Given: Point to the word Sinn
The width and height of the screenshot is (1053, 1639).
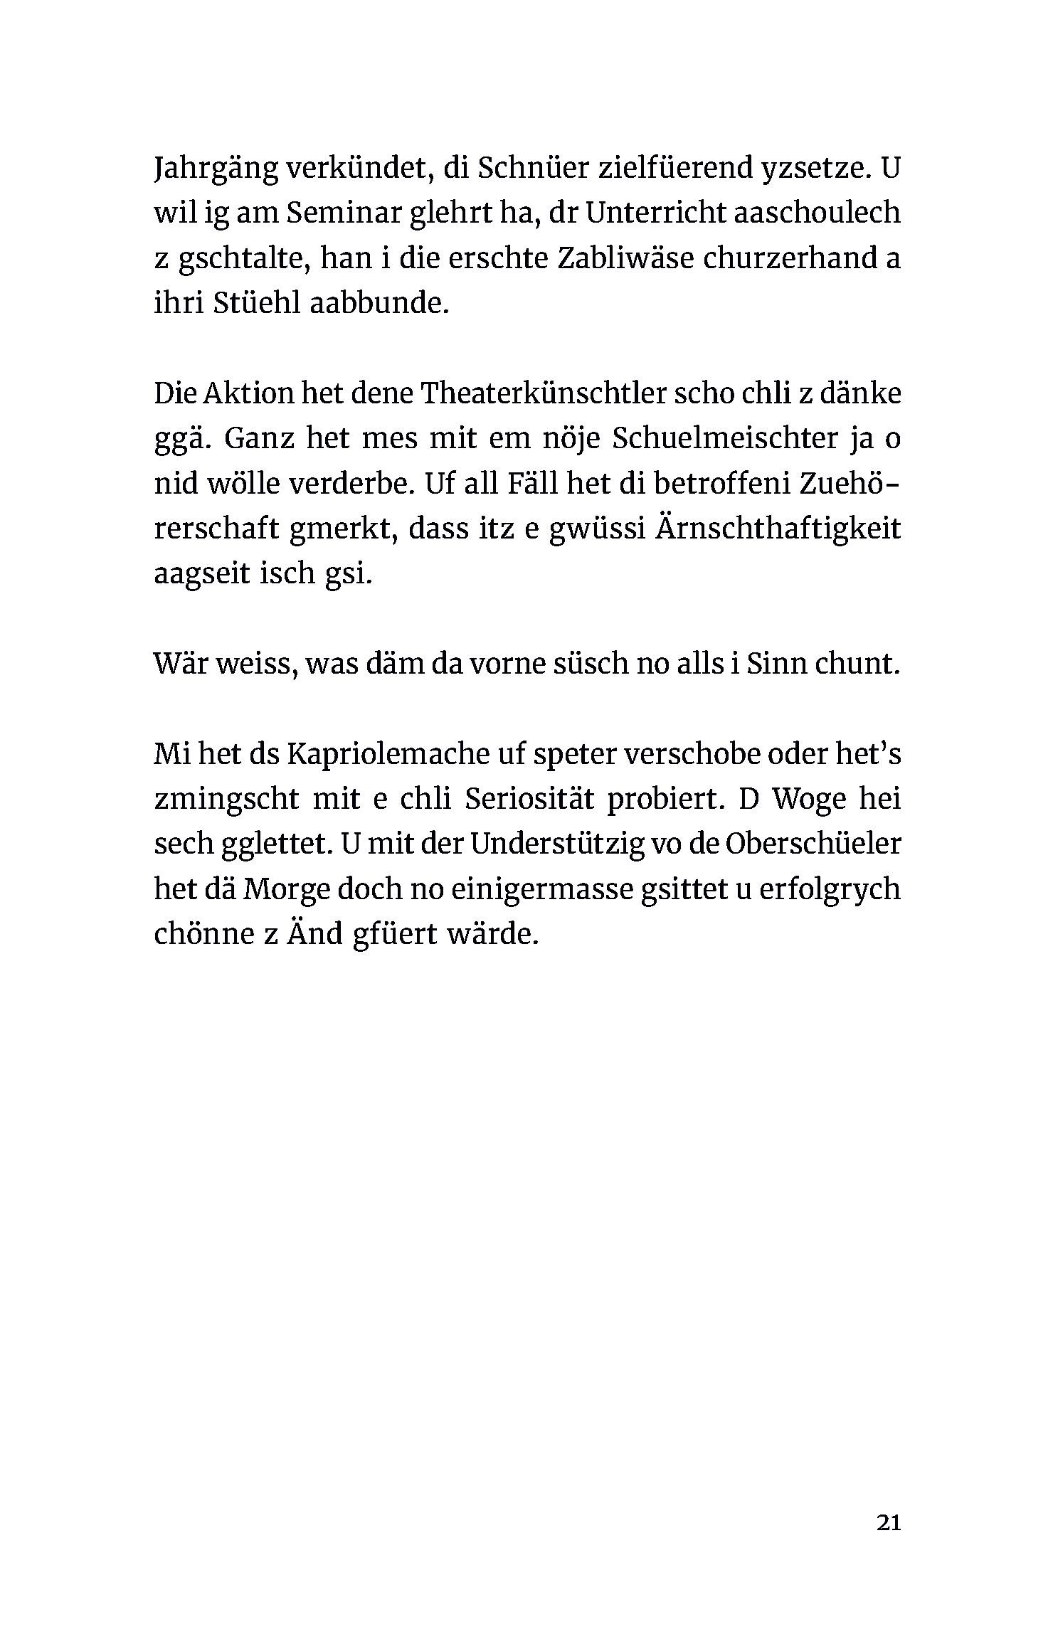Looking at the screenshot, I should point(778,664).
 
